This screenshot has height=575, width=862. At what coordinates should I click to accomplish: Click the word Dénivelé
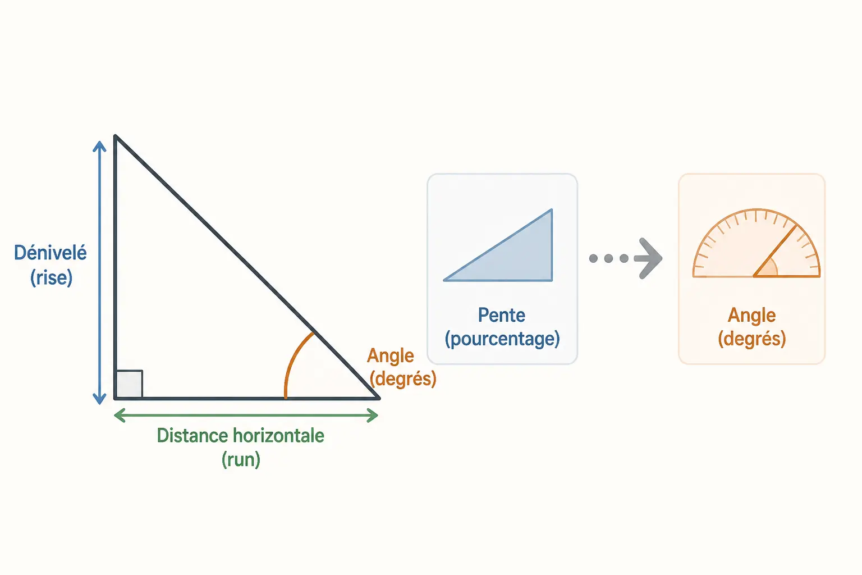coord(51,253)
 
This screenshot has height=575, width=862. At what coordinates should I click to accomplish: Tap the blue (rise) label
coord(51,277)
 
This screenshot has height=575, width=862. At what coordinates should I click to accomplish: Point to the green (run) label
coord(241,459)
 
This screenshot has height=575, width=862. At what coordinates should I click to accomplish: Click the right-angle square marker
coord(130,384)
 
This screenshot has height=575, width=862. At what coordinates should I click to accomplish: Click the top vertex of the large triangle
coord(115,136)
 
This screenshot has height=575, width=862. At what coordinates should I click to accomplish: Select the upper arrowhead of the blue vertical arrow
coord(99,146)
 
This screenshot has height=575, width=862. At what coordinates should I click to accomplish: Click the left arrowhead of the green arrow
coord(120,416)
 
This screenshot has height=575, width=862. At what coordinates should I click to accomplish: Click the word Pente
coord(501,316)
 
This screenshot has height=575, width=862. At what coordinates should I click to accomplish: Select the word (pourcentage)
coord(502,339)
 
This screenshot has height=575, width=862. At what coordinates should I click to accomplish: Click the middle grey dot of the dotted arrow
coord(608,258)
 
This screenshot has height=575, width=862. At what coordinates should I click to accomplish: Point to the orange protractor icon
coord(756,243)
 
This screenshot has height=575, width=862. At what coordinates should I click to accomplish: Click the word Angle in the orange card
coord(751,316)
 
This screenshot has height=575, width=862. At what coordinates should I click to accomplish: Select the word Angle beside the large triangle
coord(391,356)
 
